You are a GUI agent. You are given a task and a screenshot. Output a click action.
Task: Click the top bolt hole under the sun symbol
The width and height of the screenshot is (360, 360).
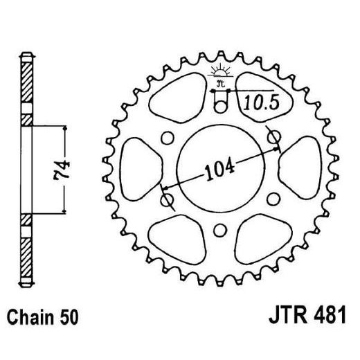221,104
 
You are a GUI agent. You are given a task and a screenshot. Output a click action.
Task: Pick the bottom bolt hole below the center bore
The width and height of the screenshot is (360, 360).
221,229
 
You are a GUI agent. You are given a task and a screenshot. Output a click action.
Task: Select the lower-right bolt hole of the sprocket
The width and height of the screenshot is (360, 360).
276,198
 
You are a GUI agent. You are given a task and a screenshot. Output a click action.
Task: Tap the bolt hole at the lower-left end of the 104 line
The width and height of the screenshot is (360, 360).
166,199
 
